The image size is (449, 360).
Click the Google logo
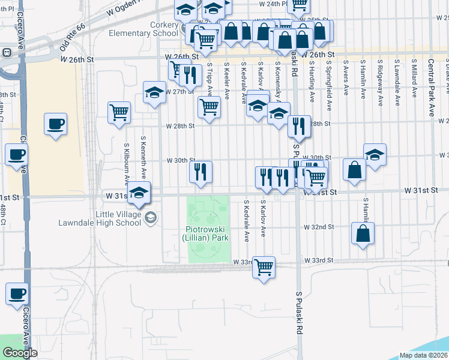(20, 353)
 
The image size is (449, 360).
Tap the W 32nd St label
(318, 227)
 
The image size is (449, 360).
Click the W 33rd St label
(318, 260)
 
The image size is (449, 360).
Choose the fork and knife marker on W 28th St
(298, 126)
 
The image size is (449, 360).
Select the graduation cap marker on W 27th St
(154, 93)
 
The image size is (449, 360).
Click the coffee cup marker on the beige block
(55, 124)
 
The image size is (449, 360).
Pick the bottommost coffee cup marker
(17, 294)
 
